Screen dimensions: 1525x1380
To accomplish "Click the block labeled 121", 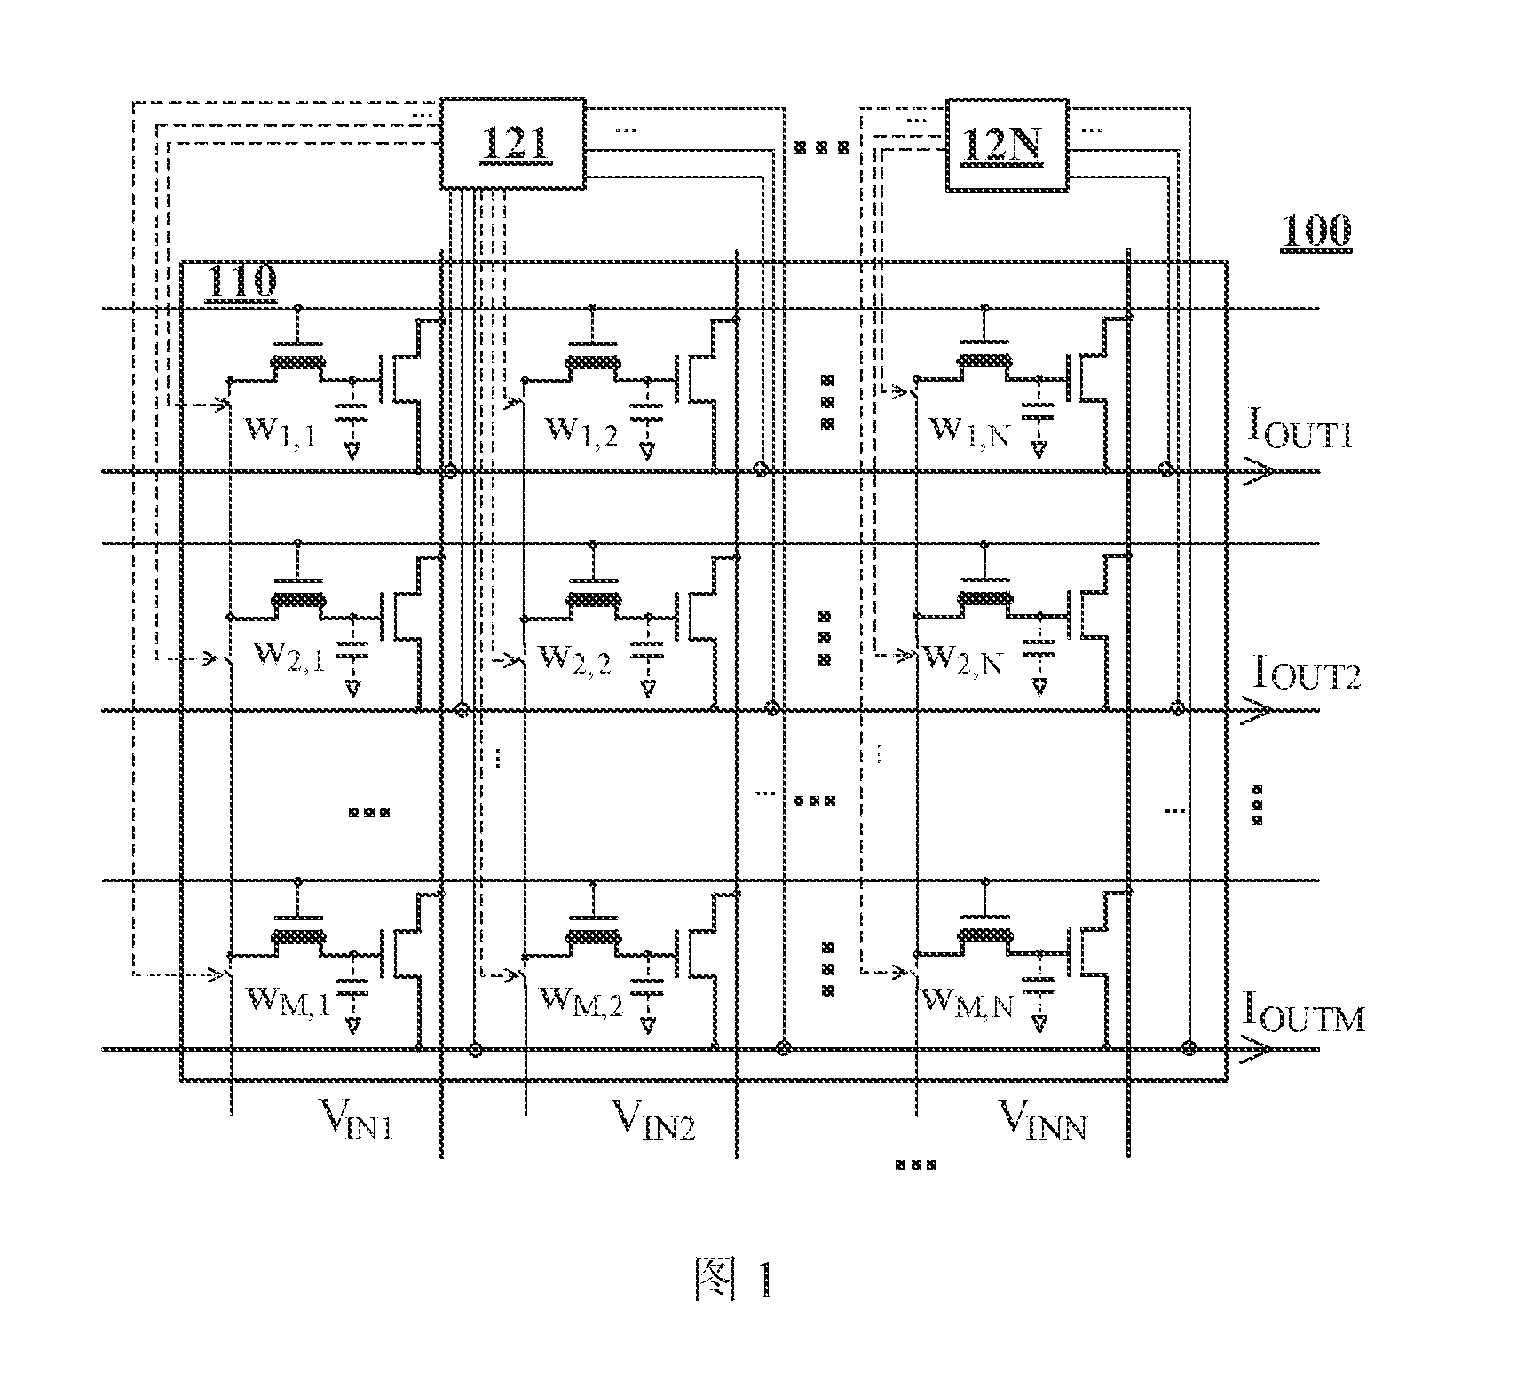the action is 513,143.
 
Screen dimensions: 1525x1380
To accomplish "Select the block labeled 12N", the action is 1007,143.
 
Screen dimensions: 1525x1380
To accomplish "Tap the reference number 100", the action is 1316,232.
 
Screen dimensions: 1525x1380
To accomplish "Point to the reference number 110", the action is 241,283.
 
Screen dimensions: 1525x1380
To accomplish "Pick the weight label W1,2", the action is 581,432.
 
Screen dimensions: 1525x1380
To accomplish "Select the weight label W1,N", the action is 969,432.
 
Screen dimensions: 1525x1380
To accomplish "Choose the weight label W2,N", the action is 963,660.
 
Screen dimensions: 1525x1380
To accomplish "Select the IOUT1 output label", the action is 1299,430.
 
